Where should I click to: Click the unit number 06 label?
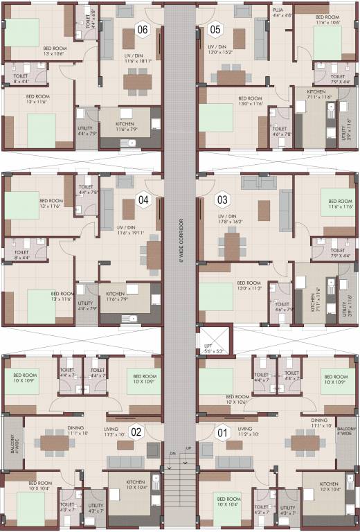point(143,29)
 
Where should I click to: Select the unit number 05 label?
point(215,29)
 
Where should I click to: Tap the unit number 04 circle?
point(143,201)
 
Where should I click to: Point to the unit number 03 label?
point(222,201)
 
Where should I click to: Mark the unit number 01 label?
point(222,434)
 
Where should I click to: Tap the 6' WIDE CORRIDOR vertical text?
point(180,240)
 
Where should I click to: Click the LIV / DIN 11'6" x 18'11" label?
point(127,57)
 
